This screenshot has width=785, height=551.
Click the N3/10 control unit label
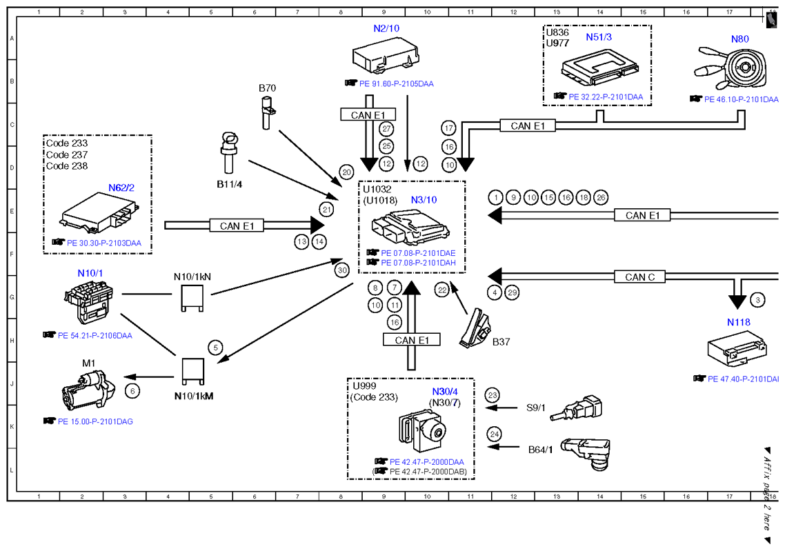(x=424, y=200)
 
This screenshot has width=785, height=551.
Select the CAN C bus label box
(x=640, y=277)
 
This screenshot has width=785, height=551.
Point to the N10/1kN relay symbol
(x=192, y=299)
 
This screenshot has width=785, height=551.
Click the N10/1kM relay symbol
(x=192, y=372)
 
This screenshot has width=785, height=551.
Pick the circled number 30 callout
(x=342, y=270)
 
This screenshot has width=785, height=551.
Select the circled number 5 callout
(x=215, y=348)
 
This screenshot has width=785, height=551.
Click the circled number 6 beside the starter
(x=132, y=391)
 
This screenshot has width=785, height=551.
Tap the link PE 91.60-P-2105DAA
(x=396, y=83)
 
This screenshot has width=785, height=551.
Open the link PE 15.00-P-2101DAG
(x=95, y=421)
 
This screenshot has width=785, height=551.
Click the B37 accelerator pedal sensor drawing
(x=475, y=328)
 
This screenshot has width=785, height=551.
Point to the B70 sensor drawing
(x=267, y=112)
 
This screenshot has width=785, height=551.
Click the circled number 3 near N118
(x=757, y=300)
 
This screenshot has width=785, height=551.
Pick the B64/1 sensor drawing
(x=586, y=453)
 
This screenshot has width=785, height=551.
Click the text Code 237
(x=67, y=154)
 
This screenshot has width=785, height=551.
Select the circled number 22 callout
(x=442, y=290)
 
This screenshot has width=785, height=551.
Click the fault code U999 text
(x=364, y=386)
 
